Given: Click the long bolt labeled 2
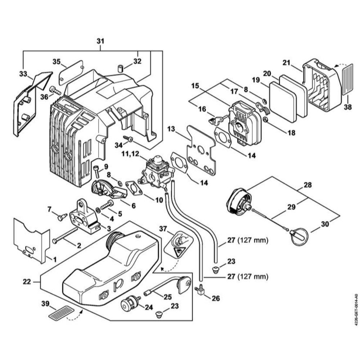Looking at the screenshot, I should tap(65, 236).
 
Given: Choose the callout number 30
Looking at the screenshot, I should tap(325, 224).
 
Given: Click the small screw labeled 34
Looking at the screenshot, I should tap(128, 139).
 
